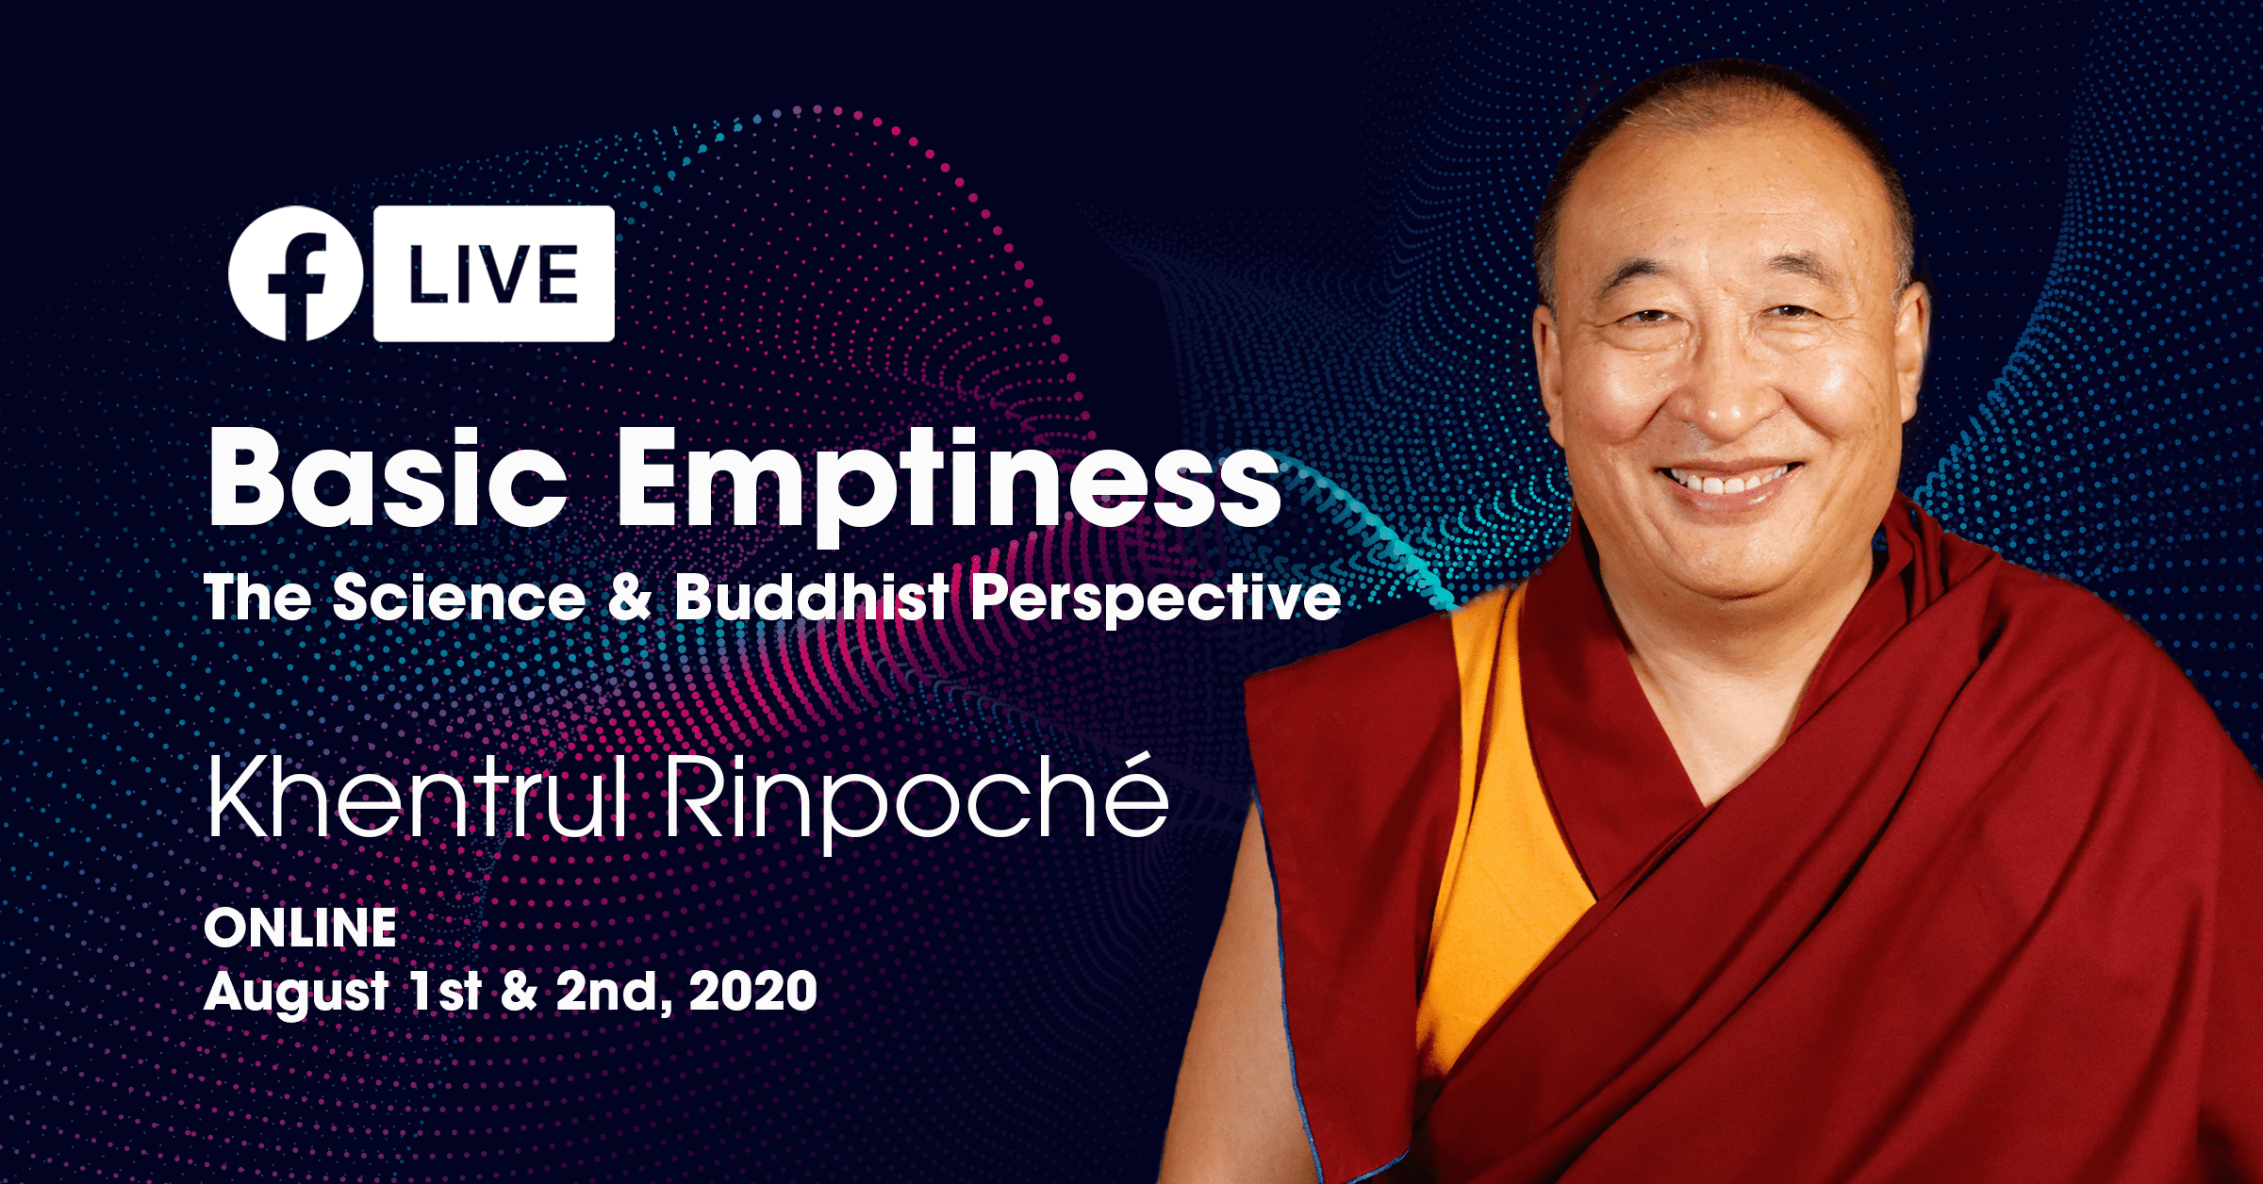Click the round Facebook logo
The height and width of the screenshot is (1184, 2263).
pos(295,273)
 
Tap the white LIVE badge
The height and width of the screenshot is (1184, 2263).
pos(494,273)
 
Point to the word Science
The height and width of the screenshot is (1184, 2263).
pos(459,598)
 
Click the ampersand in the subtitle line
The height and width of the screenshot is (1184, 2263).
pos(630,598)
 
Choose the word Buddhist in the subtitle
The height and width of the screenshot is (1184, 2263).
pos(812,598)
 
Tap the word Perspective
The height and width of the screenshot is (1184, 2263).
pos(1155,598)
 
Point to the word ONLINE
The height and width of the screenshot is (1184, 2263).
pos(300,928)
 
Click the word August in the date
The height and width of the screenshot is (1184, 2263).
pos(296,993)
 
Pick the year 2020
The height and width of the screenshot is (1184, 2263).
pos(752,991)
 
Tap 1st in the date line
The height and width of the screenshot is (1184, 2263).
pos(445,991)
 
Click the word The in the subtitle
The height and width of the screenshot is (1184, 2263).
pos(257,598)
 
